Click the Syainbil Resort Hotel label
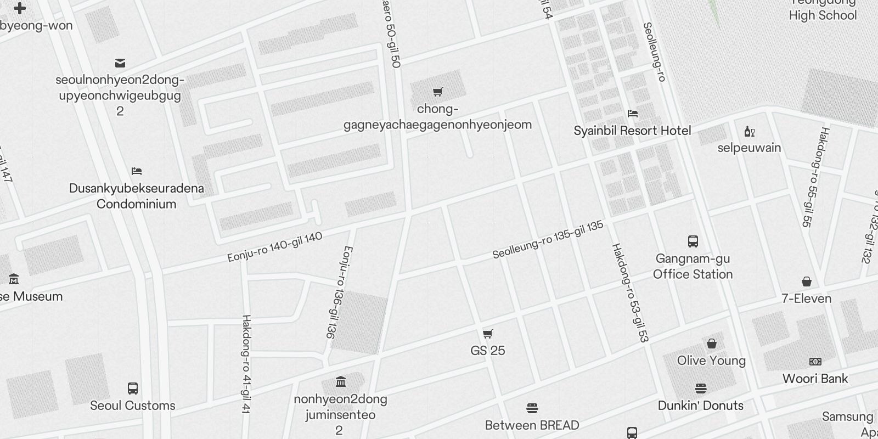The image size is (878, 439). pyautogui.click(x=632, y=131)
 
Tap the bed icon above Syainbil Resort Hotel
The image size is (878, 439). pyautogui.click(x=633, y=114)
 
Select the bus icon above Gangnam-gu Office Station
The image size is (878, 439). pyautogui.click(x=693, y=241)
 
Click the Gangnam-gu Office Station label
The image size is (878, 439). pyautogui.click(x=693, y=266)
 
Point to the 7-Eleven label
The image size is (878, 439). pyautogui.click(x=807, y=299)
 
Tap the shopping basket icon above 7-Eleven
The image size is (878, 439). pyautogui.click(x=807, y=282)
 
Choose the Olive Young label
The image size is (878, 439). pyautogui.click(x=711, y=361)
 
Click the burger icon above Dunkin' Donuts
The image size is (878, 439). pyautogui.click(x=701, y=389)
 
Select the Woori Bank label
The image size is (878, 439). pyautogui.click(x=815, y=379)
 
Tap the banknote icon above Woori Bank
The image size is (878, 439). pyautogui.click(x=815, y=362)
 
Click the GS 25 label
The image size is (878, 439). pyautogui.click(x=488, y=351)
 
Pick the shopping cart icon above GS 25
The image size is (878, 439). pyautogui.click(x=488, y=334)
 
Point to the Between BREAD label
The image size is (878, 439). pyautogui.click(x=532, y=425)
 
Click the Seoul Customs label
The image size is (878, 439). pyautogui.click(x=133, y=406)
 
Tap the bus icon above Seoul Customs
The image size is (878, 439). pyautogui.click(x=133, y=389)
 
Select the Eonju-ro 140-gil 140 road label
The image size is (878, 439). pyautogui.click(x=275, y=247)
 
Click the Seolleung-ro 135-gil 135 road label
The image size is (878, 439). pyautogui.click(x=548, y=240)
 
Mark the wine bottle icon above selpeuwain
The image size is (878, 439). pyautogui.click(x=749, y=131)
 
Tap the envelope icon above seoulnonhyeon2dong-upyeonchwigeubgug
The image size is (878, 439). pyautogui.click(x=120, y=63)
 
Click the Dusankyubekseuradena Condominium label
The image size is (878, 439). pyautogui.click(x=137, y=196)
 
